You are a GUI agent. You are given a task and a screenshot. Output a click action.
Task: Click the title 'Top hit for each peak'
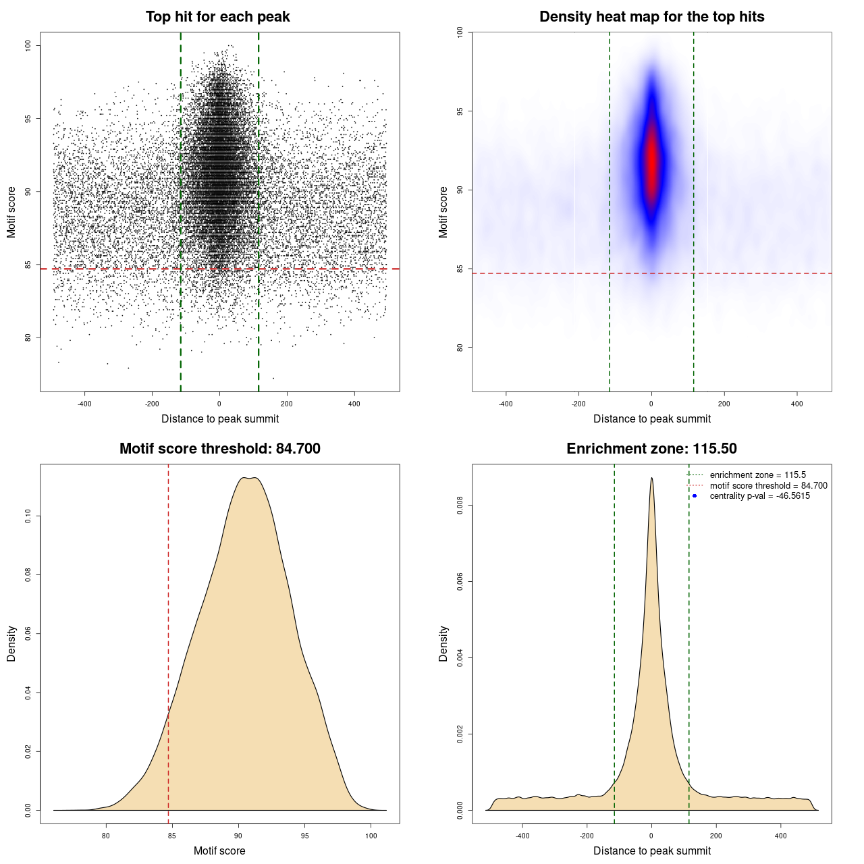click(217, 17)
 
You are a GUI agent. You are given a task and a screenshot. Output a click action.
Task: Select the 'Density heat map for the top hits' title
click(651, 17)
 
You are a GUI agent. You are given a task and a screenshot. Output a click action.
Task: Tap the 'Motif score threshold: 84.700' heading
click(219, 449)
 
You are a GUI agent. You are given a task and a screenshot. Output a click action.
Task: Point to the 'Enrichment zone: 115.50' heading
click(651, 449)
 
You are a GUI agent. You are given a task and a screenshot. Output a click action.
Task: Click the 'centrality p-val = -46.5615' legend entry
click(759, 496)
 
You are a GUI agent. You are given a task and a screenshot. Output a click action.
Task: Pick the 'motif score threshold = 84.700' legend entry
click(768, 486)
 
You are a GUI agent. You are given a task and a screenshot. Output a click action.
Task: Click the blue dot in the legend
click(695, 496)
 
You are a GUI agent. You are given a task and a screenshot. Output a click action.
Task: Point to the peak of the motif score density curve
click(250, 478)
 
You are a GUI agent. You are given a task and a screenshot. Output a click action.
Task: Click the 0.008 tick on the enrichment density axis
click(460, 506)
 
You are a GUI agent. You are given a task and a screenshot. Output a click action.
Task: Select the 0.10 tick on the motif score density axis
click(28, 516)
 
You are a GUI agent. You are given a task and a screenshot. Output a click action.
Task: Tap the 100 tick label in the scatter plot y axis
click(28, 45)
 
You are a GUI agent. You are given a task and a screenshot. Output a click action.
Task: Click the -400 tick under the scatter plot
click(84, 404)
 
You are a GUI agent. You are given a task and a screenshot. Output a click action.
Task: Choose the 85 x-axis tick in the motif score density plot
click(171, 836)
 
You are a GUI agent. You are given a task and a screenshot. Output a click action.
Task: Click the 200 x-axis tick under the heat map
click(724, 404)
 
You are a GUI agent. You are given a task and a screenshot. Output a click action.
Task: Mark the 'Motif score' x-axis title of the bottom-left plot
click(219, 850)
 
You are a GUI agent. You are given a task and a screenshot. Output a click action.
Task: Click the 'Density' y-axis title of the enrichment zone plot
click(443, 643)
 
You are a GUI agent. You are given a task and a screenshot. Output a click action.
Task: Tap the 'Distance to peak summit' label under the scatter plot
click(220, 418)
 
